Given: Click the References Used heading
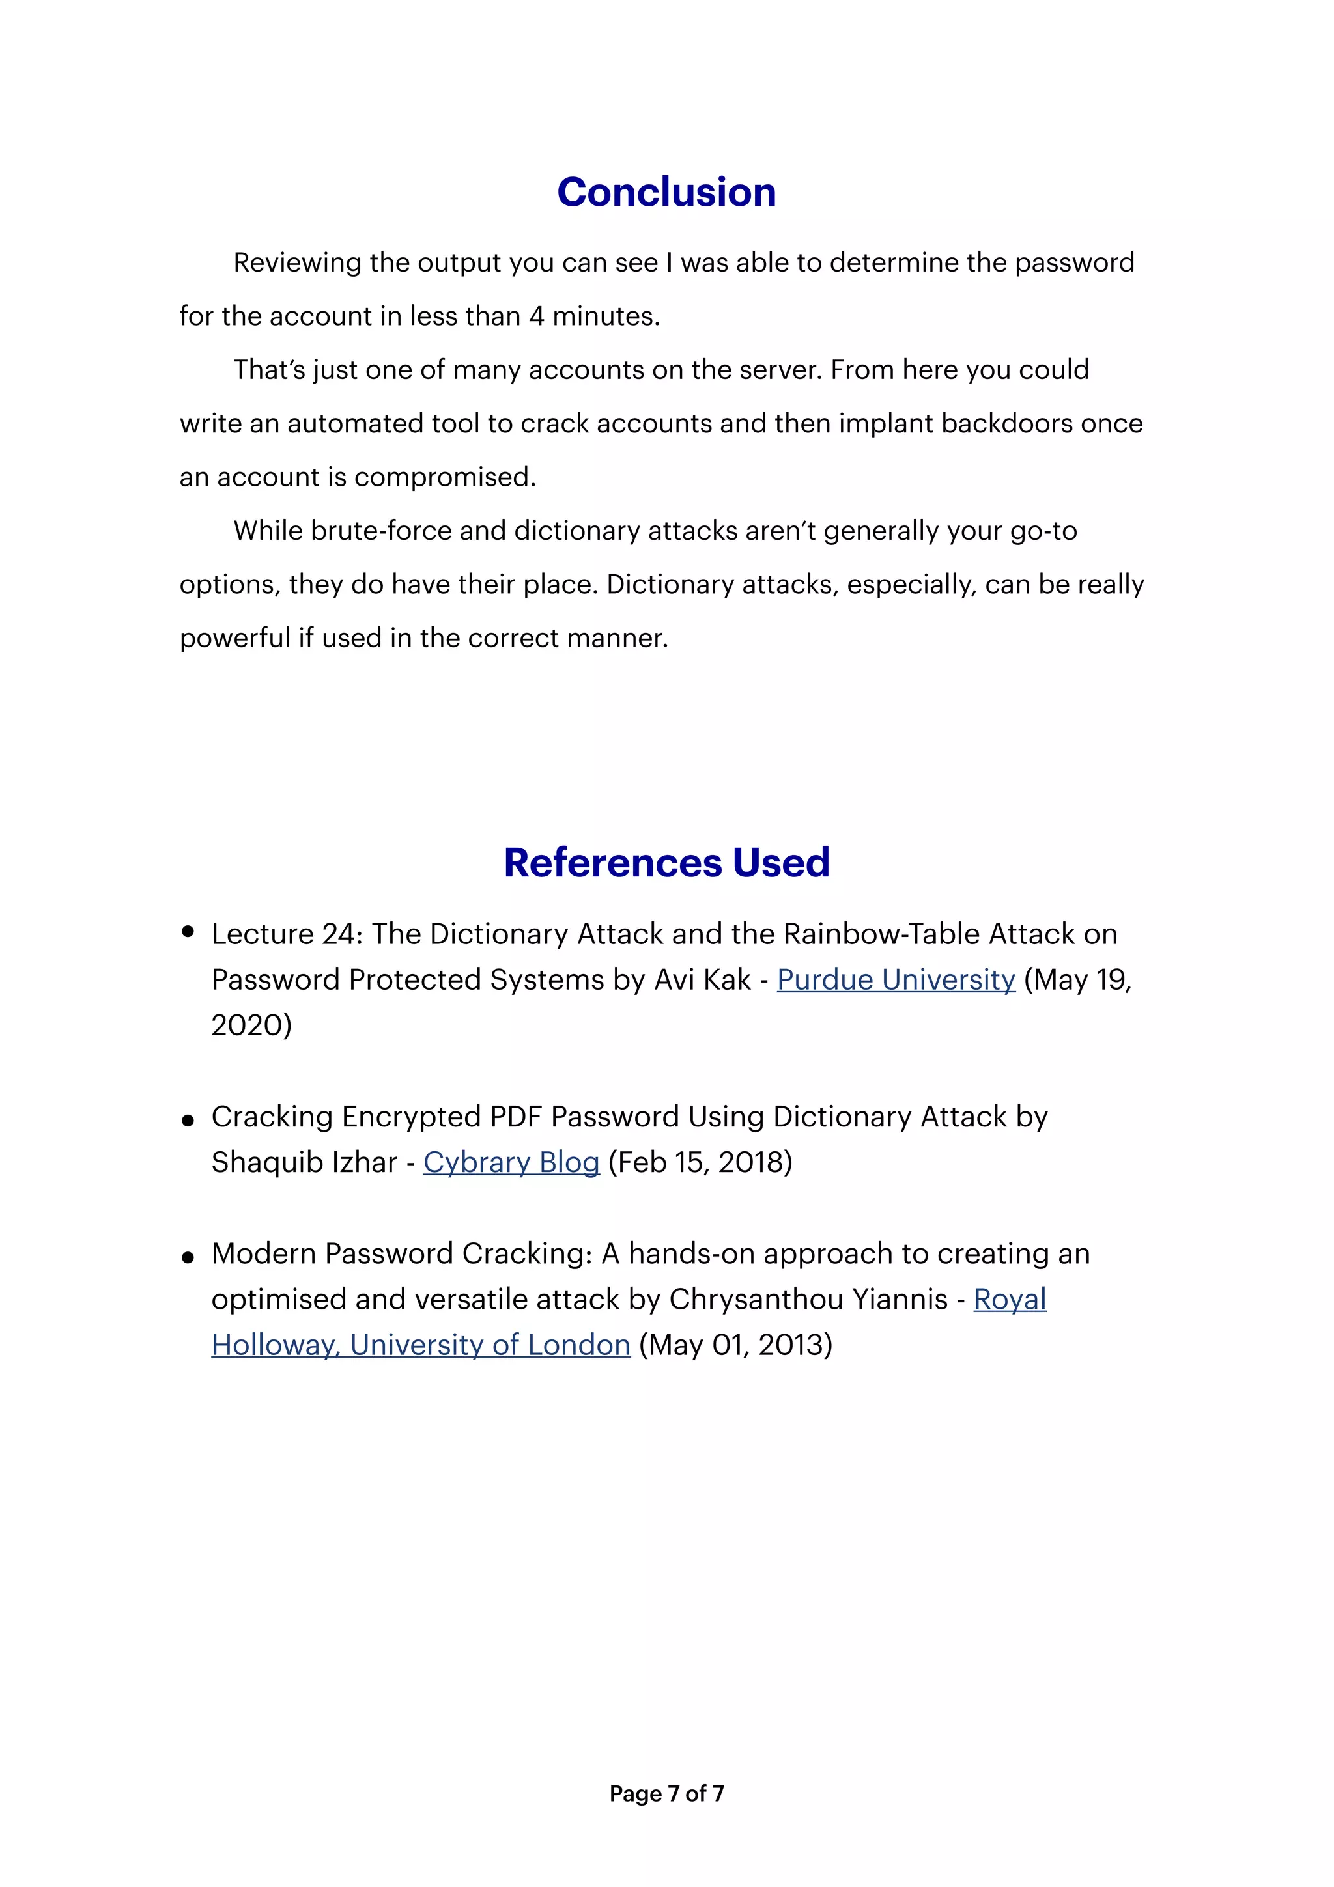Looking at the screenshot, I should coord(666,863).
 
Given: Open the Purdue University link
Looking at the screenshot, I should coord(896,980).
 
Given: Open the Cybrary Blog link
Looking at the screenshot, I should coord(511,1162).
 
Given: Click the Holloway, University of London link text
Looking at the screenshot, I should coord(421,1345).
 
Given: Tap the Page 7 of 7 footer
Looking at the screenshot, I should coord(666,1793).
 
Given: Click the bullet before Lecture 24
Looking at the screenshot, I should coord(188,931).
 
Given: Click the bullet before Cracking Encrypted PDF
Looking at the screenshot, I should coord(188,1120).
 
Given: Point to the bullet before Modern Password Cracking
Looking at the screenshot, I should coord(188,1257).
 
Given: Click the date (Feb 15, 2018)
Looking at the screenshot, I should coord(700,1162).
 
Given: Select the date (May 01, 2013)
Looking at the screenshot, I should coord(735,1345).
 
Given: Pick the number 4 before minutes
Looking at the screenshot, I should coord(536,316).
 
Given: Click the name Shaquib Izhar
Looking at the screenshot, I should coord(304,1162).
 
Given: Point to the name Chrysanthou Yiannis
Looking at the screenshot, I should coord(808,1300).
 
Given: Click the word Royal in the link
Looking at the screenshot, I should coord(1010,1300).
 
